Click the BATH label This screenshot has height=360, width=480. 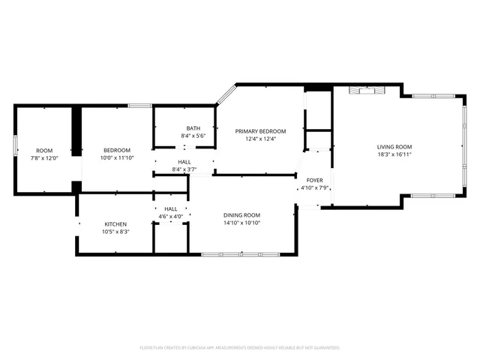193,128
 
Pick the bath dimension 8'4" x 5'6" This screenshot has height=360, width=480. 193,136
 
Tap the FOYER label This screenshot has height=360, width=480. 313,180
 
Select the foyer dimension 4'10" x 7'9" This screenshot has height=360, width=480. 313,187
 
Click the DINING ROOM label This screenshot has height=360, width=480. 241,216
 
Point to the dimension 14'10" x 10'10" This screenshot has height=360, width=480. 241,223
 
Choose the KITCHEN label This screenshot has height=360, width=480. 115,224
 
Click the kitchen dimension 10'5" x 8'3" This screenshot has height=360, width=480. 115,232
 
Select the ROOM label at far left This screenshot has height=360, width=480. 44,150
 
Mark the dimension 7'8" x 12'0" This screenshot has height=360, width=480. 44,157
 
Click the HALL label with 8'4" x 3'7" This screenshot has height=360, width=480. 184,162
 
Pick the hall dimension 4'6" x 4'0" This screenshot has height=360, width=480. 171,217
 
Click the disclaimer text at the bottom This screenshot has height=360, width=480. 240,348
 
